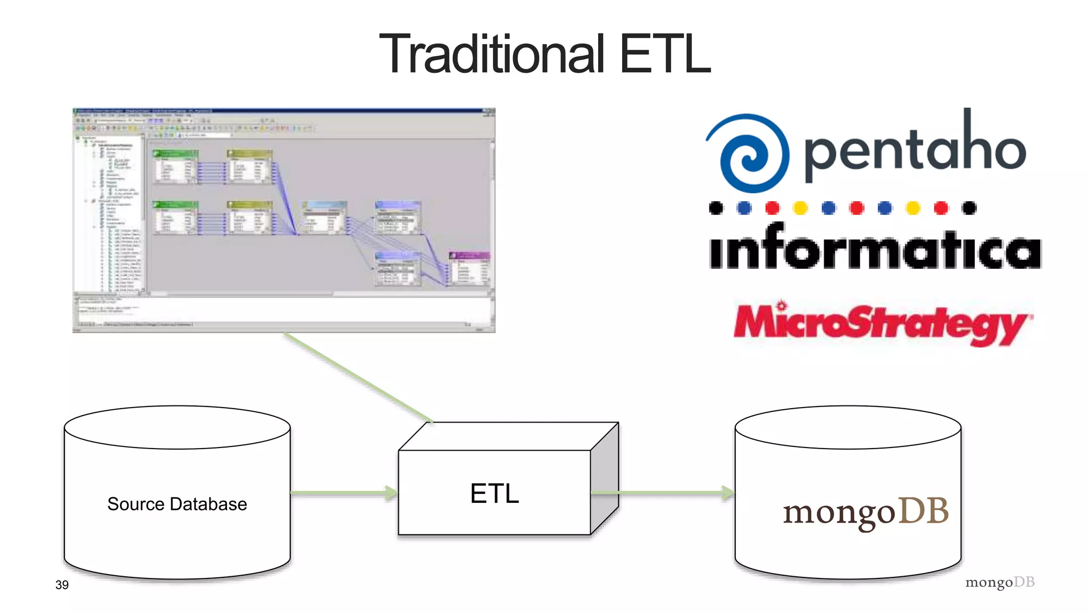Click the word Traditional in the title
(492, 54)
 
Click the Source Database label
(177, 504)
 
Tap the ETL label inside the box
(494, 493)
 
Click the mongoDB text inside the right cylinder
(866, 512)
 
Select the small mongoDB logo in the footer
(1000, 582)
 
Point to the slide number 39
(62, 585)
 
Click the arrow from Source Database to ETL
(344, 493)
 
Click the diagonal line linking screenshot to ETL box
(359, 377)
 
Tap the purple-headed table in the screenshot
(469, 269)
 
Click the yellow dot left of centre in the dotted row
(800, 208)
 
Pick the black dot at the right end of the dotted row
(969, 208)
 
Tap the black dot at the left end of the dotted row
(716, 208)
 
